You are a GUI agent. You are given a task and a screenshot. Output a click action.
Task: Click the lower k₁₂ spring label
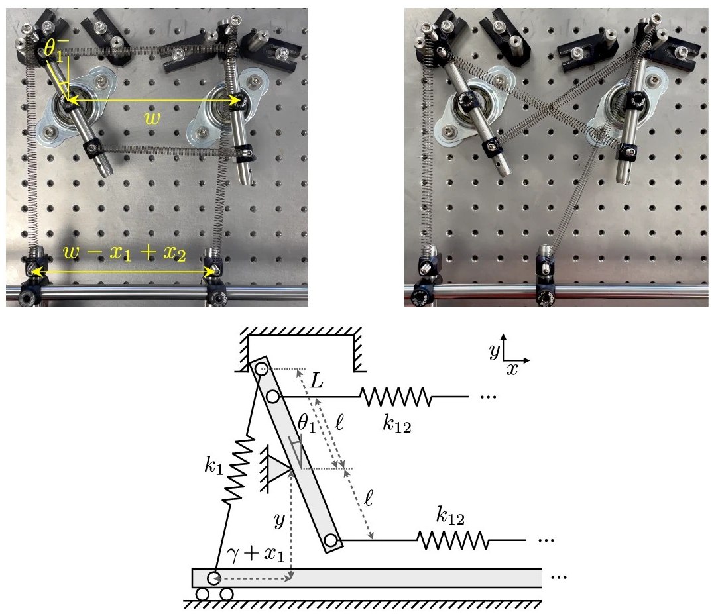[451, 513]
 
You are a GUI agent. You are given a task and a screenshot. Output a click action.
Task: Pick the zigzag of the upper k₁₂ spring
[395, 397]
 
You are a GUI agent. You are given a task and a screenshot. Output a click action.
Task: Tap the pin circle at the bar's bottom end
[331, 542]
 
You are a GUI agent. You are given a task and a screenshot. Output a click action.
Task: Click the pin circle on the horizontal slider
[215, 577]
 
